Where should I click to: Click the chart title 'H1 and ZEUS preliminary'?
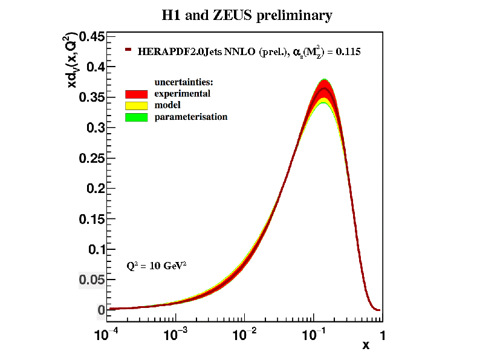tap(247, 16)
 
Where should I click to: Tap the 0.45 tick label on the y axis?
tap(90, 37)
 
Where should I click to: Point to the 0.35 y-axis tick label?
tap(90, 97)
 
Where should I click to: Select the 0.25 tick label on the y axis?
tap(90, 159)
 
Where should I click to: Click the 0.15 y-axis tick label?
tap(90, 219)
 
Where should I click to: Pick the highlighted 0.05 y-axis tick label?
tap(90, 280)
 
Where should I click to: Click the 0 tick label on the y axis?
tap(101, 310)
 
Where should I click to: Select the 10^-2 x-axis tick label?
tap(245, 333)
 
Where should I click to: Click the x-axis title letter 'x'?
tap(366, 345)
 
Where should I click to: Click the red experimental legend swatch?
tap(137, 94)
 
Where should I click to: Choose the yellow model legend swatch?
tap(137, 105)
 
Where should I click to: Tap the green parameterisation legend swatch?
tap(137, 117)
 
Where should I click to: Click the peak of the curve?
tap(325, 88)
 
